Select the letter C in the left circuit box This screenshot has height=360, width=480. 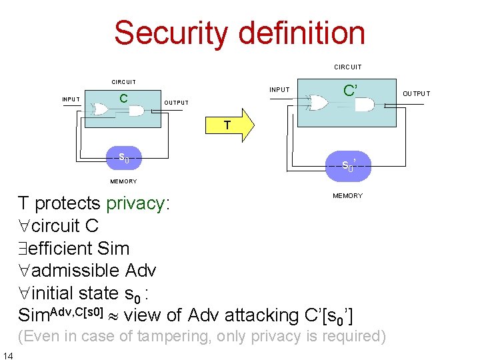123,99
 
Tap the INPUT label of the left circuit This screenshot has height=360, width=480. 71,99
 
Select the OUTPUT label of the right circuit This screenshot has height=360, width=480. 416,94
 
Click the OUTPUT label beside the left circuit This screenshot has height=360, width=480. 176,103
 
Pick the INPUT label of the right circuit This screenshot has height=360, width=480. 279,90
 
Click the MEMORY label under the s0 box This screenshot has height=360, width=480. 123,181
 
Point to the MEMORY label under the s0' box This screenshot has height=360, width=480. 347,196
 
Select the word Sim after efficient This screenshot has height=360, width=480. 113,249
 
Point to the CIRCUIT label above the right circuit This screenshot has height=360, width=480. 348,67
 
